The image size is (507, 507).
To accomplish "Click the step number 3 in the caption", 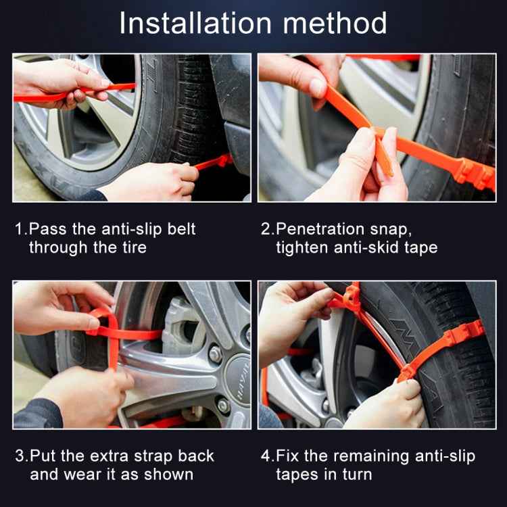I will point(18,456).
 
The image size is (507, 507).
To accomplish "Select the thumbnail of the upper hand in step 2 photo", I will point(318,87).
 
